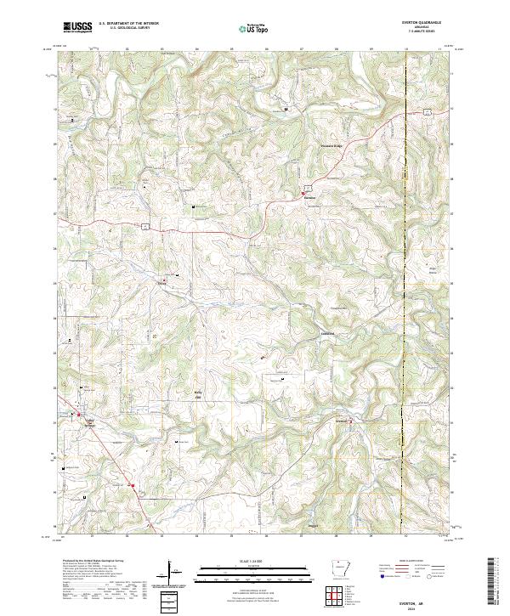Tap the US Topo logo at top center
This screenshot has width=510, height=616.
click(254, 28)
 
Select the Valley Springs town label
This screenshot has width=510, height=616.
click(88, 421)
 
